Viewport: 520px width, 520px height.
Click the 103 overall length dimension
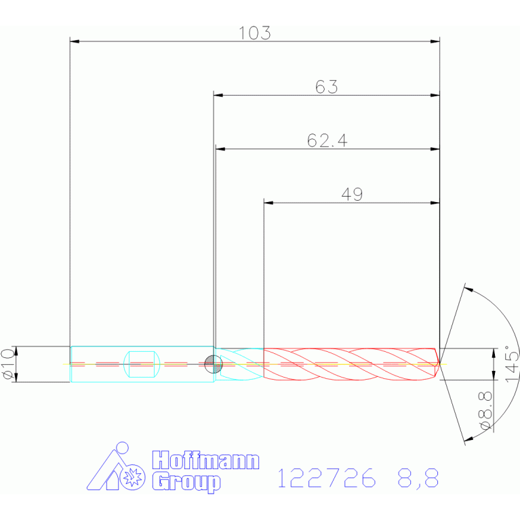click(255, 33)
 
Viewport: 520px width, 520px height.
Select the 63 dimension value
click(326, 87)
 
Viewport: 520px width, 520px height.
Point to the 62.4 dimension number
click(327, 140)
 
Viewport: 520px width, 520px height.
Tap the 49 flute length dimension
click(352, 195)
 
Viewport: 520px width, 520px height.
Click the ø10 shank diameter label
click(8, 364)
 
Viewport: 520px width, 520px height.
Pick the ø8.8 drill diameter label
click(485, 411)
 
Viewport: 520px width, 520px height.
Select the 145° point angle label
click(512, 364)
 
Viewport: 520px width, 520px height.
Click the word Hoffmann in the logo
click(205, 460)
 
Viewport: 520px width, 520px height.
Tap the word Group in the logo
click(186, 483)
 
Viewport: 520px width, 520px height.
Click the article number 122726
click(327, 478)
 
